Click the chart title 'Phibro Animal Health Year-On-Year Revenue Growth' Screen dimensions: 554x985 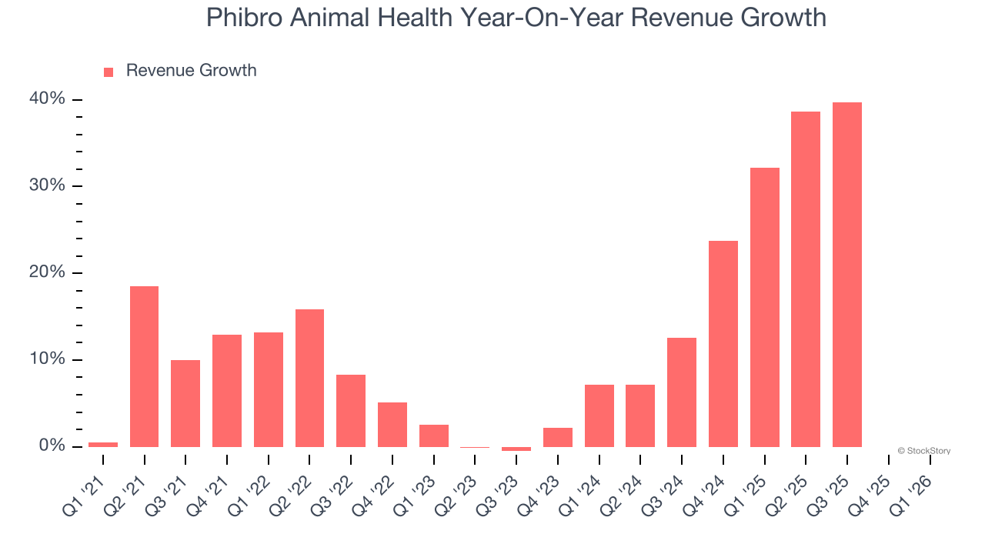tap(516, 18)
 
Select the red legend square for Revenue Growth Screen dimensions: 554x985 tap(109, 72)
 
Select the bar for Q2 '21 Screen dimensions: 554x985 tap(144, 366)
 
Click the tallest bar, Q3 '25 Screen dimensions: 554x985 tap(847, 275)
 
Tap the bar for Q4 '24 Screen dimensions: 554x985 tap(723, 344)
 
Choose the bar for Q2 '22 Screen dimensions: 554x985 tap(309, 378)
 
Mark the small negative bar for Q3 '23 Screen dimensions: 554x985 tap(516, 449)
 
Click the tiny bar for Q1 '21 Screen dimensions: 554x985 tap(103, 444)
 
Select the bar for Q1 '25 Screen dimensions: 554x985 tap(765, 307)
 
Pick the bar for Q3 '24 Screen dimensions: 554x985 tap(682, 392)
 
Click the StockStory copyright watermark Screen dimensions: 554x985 tap(923, 451)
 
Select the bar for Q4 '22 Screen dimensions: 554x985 tap(392, 424)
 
